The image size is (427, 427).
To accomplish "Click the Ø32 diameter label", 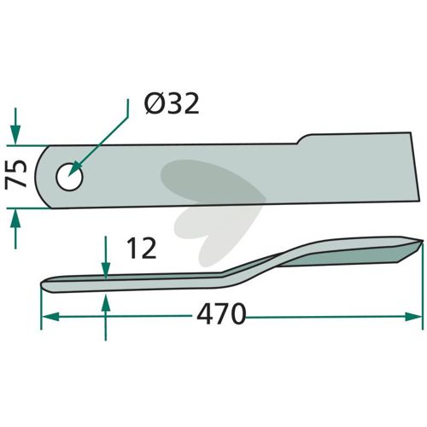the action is pyautogui.click(x=172, y=104).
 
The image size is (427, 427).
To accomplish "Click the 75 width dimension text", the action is pyautogui.click(x=16, y=173).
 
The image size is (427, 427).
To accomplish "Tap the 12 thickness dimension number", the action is pyautogui.click(x=142, y=249).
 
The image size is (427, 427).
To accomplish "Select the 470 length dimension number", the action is pyautogui.click(x=221, y=313).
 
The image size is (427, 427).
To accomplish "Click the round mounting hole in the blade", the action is pyautogui.click(x=69, y=177).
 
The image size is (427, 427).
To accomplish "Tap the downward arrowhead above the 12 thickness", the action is pyautogui.click(x=106, y=270).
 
